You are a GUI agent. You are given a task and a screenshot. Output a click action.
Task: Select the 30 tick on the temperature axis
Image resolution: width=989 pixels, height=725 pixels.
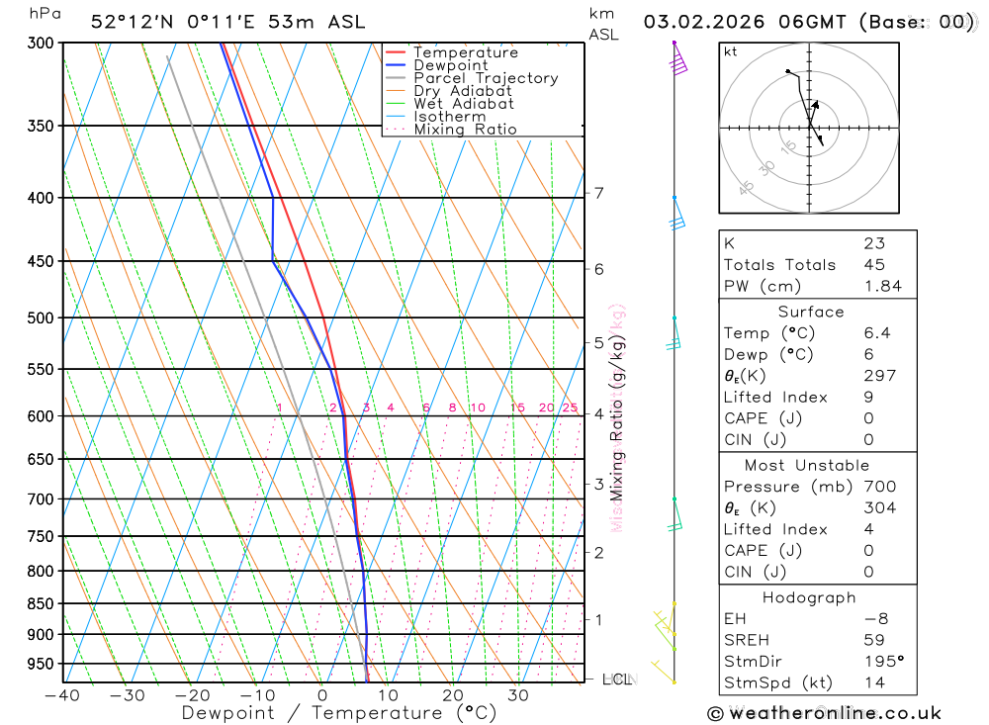click(517, 695)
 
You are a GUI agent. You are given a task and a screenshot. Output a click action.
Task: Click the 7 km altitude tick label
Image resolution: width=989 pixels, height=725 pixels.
click(599, 193)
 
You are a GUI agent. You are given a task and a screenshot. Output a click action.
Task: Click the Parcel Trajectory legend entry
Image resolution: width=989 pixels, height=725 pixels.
click(485, 78)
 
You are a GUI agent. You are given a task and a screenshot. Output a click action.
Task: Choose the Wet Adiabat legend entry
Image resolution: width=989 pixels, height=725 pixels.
click(463, 104)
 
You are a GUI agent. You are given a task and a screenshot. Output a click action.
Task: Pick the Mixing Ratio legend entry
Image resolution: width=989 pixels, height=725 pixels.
click(465, 130)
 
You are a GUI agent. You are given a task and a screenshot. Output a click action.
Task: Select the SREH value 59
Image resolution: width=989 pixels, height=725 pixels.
click(873, 640)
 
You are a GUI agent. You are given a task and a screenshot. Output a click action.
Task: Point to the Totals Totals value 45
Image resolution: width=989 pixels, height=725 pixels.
click(873, 264)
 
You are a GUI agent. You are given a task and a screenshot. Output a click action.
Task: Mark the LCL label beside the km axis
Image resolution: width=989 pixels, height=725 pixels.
click(616, 680)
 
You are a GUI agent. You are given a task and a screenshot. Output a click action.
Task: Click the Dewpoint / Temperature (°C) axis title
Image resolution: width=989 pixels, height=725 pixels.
click(338, 713)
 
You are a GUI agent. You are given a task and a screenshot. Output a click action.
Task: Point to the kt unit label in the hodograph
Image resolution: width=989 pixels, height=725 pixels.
click(730, 51)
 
